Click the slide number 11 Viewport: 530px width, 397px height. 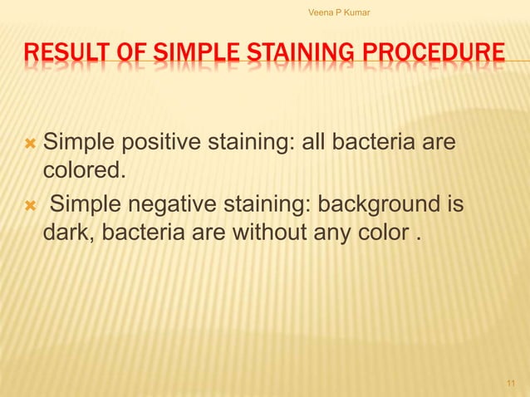point(510,383)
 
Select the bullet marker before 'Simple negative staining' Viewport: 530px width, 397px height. point(31,203)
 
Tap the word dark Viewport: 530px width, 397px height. point(70,230)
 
